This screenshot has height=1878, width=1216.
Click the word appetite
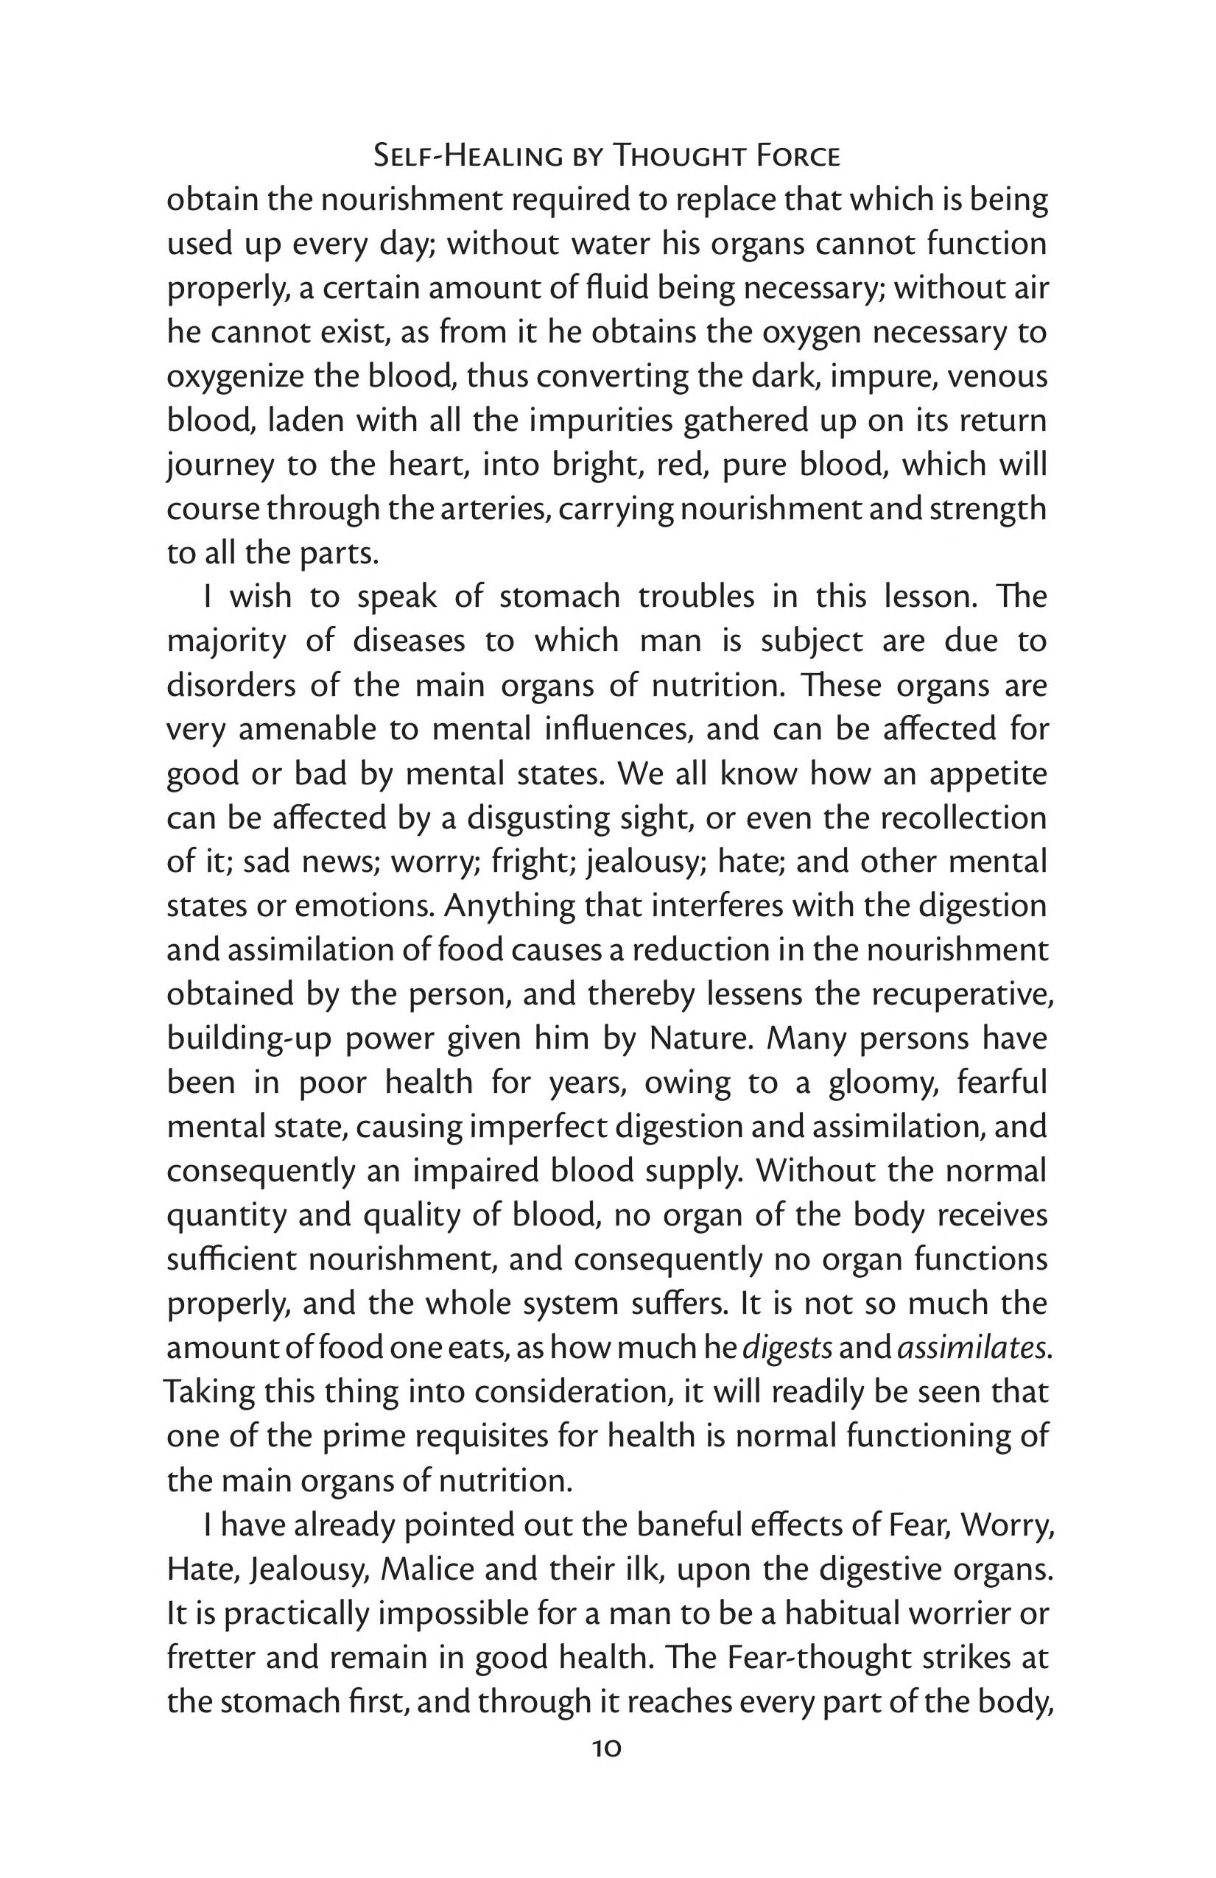(x=988, y=773)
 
